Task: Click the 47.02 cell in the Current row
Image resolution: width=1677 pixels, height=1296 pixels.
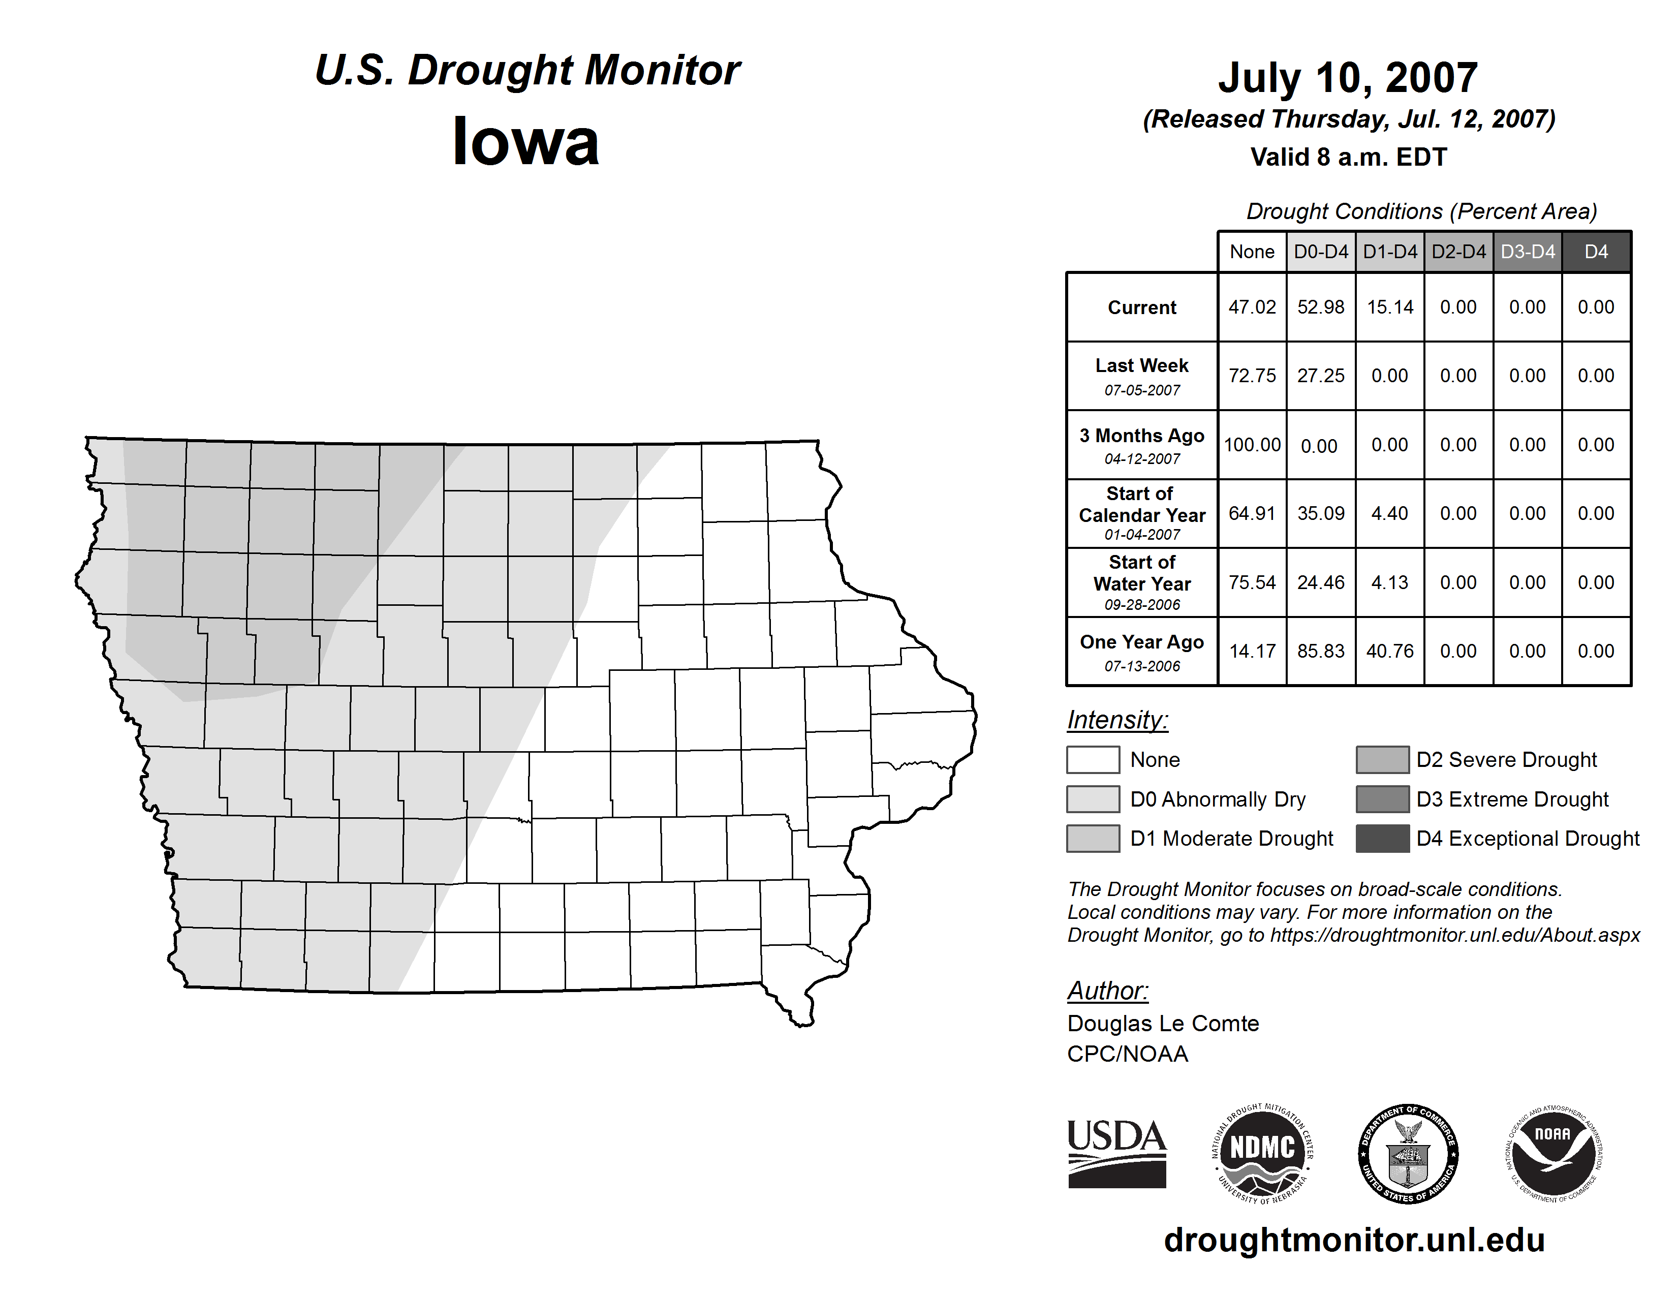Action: pyautogui.click(x=1252, y=307)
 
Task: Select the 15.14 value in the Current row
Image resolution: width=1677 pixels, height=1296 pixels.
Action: pyautogui.click(x=1390, y=307)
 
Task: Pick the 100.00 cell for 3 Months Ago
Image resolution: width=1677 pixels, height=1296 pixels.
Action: pyautogui.click(x=1252, y=445)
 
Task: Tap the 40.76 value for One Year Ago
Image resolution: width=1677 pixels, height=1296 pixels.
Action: pyautogui.click(x=1390, y=651)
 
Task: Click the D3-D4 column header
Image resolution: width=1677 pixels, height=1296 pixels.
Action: pyautogui.click(x=1527, y=252)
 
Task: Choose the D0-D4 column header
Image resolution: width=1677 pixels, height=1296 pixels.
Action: pyautogui.click(x=1321, y=252)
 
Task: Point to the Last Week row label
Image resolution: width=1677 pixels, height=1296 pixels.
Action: pyautogui.click(x=1142, y=376)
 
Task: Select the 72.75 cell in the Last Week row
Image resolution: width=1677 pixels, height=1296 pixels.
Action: pyautogui.click(x=1252, y=376)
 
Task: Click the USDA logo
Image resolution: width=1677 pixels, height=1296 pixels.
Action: pyautogui.click(x=1116, y=1153)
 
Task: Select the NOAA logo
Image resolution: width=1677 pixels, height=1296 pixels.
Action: pyautogui.click(x=1552, y=1153)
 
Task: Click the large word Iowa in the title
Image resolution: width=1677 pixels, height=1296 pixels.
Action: pyautogui.click(x=525, y=142)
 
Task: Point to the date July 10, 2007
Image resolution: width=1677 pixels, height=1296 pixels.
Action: pyautogui.click(x=1348, y=78)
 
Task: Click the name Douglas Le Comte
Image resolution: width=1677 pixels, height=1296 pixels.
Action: pyautogui.click(x=1163, y=1024)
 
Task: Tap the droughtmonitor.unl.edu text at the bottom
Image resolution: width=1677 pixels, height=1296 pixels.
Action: pyautogui.click(x=1354, y=1241)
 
